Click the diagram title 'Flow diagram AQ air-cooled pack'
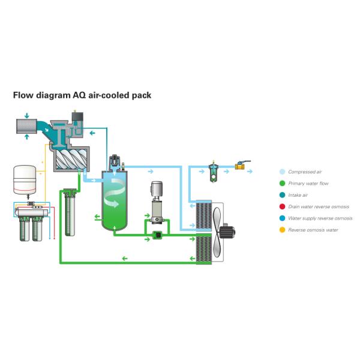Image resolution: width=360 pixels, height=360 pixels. pos(82,95)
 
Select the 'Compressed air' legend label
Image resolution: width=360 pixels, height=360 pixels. pos(305,172)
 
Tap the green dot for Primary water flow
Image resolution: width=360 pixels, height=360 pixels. pos(282,184)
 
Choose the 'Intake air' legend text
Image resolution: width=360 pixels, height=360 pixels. pos(298,195)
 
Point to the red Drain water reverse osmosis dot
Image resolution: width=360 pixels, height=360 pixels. pos(282,206)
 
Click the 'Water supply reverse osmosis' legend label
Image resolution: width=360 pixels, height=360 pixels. pos(320,218)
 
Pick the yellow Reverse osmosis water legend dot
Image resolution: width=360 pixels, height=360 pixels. pos(282,230)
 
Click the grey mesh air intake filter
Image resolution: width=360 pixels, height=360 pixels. pos(26,126)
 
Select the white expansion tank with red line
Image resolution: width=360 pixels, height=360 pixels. pos(25,179)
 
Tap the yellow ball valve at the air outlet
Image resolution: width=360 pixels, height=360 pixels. pos(240,166)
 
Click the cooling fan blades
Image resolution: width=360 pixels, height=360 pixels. pos(217,232)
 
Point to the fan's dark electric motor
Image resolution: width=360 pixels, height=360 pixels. pos(227,232)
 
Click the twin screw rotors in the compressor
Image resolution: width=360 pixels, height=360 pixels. pos(71,158)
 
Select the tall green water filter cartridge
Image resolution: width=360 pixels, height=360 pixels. pos(70,212)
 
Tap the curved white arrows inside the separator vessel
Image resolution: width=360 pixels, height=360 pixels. pos(115,193)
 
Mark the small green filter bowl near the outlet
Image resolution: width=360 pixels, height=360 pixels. pos(214,174)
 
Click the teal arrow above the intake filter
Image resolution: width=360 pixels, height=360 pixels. pos(26,115)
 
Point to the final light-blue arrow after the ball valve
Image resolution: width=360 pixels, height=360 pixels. pos(250,171)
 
